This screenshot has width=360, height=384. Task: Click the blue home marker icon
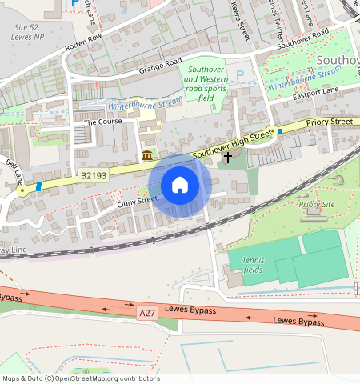[x=180, y=185]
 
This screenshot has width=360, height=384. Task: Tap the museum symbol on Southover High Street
[x=147, y=155]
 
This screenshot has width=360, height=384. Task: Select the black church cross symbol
[x=228, y=158]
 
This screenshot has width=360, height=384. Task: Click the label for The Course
[x=101, y=123]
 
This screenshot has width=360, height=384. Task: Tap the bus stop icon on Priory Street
[x=280, y=131]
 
